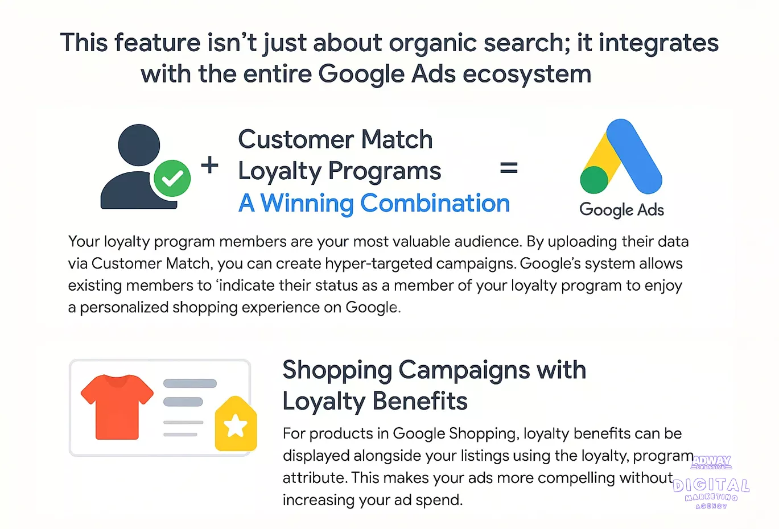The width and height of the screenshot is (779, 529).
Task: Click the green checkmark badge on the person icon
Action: point(172,178)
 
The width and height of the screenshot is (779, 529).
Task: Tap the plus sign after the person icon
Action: point(210,165)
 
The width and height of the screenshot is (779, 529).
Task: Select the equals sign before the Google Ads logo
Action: point(509,168)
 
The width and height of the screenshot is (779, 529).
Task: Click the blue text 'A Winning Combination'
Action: point(374,203)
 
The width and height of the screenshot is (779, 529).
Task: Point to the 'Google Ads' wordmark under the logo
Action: point(621,210)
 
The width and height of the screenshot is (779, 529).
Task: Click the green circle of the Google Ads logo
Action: point(594,180)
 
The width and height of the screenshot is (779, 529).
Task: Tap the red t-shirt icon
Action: point(117,407)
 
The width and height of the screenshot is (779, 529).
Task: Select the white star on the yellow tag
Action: point(236,425)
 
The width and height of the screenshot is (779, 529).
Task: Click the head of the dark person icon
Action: point(139,144)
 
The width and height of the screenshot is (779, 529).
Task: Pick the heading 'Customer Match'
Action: point(335,139)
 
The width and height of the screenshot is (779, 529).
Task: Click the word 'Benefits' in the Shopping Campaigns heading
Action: point(420,401)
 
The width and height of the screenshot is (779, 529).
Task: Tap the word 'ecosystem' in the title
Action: point(527,75)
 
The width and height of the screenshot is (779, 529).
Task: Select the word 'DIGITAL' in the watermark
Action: point(711,486)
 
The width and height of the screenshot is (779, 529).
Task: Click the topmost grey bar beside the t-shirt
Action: point(190,383)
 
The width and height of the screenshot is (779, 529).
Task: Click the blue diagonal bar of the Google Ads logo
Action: point(634,156)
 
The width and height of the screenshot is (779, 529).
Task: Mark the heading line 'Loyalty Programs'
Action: point(339,171)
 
